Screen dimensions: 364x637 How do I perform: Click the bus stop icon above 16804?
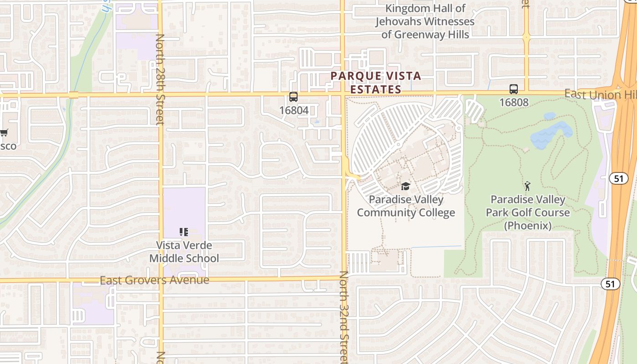[x=293, y=96]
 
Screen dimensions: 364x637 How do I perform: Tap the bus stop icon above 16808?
[x=514, y=89]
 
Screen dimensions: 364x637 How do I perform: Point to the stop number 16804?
[x=293, y=110]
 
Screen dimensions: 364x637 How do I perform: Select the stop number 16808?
[x=514, y=102]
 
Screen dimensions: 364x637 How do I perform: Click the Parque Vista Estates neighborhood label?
[x=376, y=82]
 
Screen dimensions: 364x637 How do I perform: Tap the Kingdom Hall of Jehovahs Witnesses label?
[x=425, y=21]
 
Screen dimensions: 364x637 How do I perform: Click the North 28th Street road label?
[x=160, y=79]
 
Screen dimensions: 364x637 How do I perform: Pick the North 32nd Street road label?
[x=344, y=318]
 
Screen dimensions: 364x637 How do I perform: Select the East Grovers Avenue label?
[x=154, y=280]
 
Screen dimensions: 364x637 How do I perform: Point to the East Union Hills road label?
[x=600, y=95]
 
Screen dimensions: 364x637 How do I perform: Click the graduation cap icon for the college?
[x=405, y=186]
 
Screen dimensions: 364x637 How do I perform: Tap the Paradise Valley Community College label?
[x=406, y=206]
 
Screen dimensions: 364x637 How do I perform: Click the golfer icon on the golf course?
[x=527, y=186]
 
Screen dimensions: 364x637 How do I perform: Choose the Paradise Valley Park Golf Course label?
[x=528, y=212]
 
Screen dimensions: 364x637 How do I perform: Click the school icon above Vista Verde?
[x=184, y=232]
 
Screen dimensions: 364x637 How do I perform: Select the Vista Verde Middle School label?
[x=184, y=252]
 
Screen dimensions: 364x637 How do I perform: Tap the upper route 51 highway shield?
[x=618, y=178]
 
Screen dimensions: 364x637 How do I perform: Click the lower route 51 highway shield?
[x=610, y=284]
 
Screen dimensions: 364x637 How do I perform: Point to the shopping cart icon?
[x=4, y=133]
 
